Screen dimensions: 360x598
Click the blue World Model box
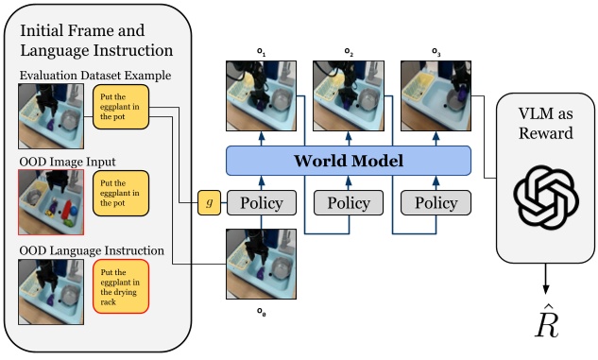(348, 160)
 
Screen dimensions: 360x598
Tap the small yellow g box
(208, 201)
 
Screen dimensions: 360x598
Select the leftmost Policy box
(261, 202)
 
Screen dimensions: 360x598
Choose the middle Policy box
(348, 202)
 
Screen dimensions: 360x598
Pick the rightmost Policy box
(436, 202)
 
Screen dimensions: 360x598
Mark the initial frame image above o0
(261, 263)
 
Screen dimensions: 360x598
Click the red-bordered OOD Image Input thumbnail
(50, 201)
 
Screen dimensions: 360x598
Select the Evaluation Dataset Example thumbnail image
(50, 116)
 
